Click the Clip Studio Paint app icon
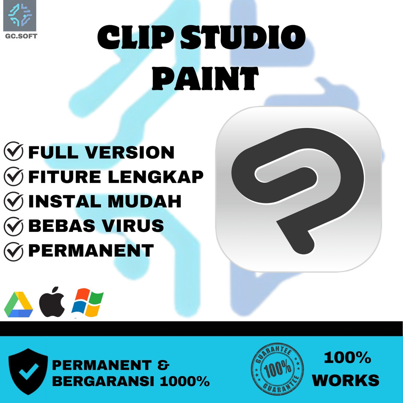[298, 189]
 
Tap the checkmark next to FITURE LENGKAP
[13, 177]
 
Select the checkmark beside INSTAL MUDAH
[13, 201]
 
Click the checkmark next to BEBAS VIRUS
[13, 226]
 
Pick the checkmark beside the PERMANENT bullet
[13, 251]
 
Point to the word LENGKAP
[155, 177]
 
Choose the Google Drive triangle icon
[18, 305]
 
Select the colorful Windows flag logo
[87, 303]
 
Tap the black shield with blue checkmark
[28, 371]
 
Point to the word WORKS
[346, 380]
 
